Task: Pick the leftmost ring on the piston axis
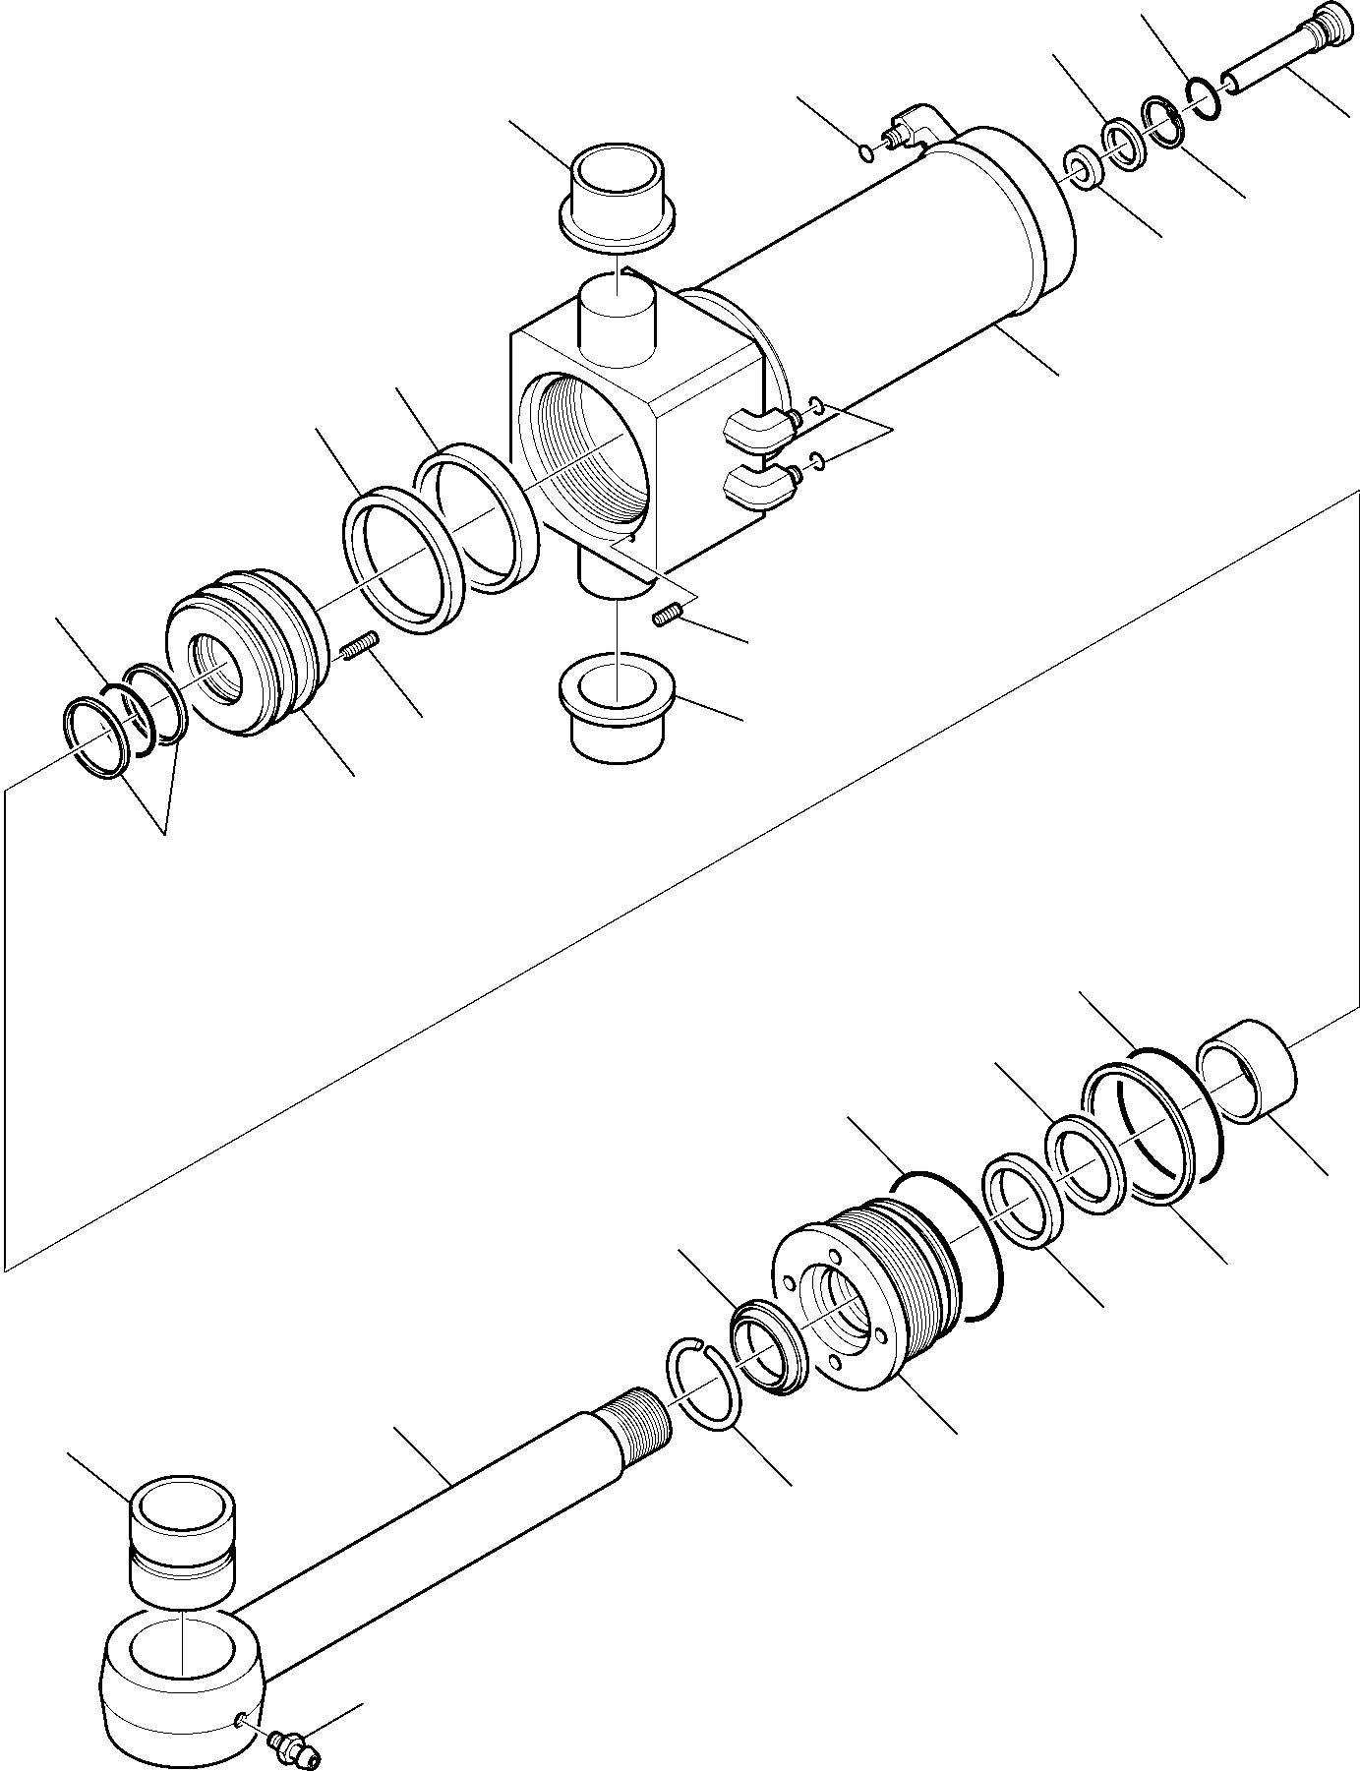click(94, 739)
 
